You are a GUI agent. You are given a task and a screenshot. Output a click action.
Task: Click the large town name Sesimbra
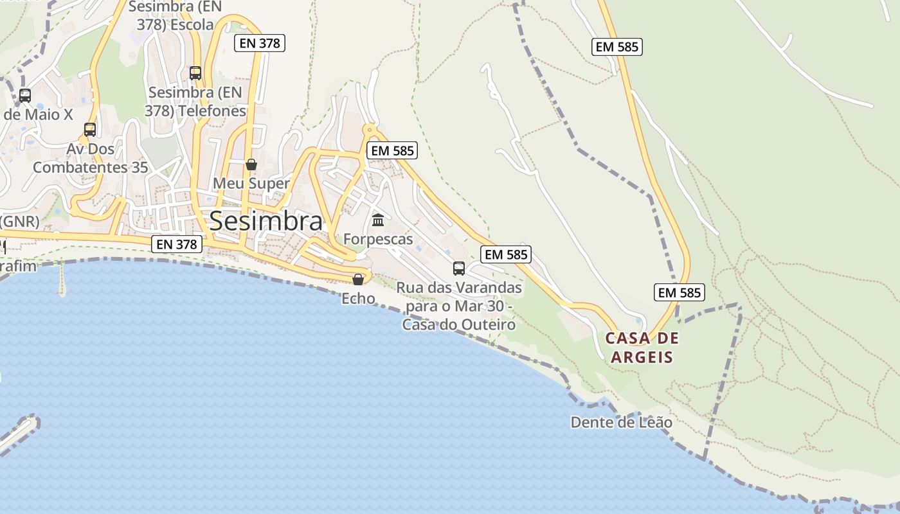click(x=265, y=221)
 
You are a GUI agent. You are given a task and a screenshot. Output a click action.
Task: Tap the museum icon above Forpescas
click(x=378, y=220)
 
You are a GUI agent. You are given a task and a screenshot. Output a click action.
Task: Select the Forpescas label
click(x=378, y=239)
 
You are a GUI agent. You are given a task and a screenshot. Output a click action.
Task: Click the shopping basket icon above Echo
click(x=358, y=279)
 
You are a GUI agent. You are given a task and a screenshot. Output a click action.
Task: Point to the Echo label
click(x=358, y=298)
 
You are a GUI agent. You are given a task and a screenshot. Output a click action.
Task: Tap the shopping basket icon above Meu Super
click(x=251, y=164)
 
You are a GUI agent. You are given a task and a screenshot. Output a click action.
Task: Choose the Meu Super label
click(x=251, y=183)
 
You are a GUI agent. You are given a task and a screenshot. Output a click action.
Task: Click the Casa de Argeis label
click(x=642, y=348)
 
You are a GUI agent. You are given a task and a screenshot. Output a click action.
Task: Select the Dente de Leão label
click(x=622, y=423)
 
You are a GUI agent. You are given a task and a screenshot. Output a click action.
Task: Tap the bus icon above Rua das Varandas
click(x=459, y=268)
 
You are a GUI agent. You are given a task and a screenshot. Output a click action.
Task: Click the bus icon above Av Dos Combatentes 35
click(x=90, y=130)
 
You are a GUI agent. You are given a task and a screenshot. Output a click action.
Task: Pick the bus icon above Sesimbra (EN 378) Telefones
click(x=195, y=73)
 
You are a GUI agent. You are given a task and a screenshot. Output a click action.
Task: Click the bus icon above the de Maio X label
click(x=25, y=96)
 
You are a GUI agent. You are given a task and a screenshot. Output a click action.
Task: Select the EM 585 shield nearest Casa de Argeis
click(x=679, y=292)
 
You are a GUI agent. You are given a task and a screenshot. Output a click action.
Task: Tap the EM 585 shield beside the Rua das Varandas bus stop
click(x=507, y=254)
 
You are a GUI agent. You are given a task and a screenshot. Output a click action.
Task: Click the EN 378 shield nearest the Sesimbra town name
click(x=178, y=244)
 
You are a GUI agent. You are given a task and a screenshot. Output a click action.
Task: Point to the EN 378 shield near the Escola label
click(x=259, y=43)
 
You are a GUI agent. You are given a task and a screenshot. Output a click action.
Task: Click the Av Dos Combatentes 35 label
click(x=91, y=158)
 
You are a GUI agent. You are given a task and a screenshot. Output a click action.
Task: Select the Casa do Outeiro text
click(x=459, y=324)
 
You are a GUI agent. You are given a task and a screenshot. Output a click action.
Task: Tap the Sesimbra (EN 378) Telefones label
click(x=195, y=102)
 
